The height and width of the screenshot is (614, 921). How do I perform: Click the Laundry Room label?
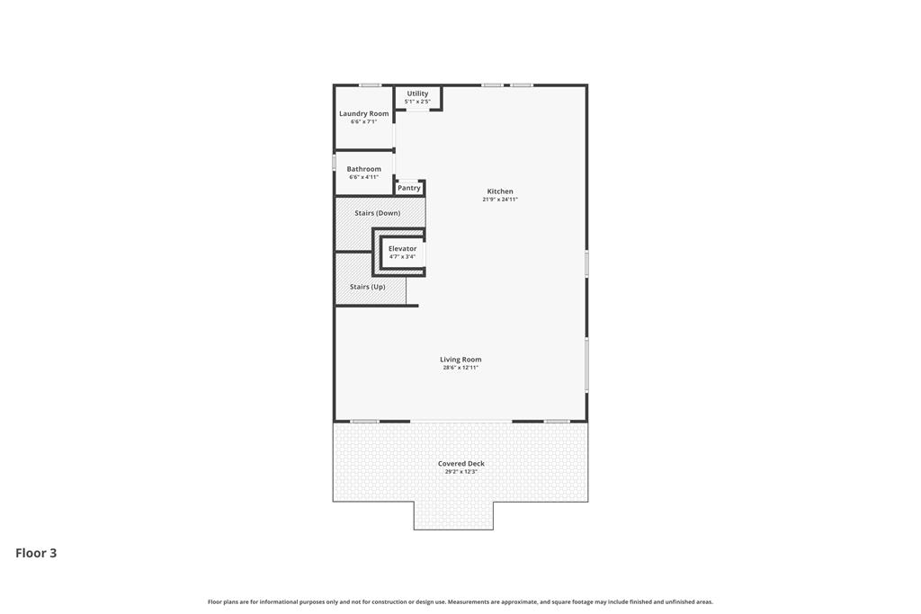pos(363,113)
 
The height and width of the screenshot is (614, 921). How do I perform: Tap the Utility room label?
pos(417,93)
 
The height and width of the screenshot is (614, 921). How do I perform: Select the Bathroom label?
pos(363,169)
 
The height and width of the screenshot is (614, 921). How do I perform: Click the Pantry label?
pos(409,188)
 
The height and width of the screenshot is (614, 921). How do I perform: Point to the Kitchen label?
pos(500,191)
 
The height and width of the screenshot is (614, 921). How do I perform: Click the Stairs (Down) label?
pos(377,213)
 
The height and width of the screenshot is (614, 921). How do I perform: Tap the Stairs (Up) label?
pos(368,287)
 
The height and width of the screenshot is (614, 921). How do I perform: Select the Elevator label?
pos(402,249)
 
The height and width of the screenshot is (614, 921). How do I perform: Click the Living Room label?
pos(460,360)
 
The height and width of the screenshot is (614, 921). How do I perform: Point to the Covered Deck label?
pos(461,464)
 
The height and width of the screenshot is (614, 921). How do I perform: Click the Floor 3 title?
pos(36,553)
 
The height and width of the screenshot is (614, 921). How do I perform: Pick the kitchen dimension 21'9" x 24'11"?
pos(500,200)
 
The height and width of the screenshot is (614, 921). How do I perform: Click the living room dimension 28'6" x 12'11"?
pos(460,368)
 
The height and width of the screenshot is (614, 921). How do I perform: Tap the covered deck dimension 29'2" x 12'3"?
pos(461,471)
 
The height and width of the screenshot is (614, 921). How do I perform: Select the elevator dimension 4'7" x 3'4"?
pos(402,256)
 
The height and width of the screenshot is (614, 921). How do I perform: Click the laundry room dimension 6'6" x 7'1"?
pos(363,121)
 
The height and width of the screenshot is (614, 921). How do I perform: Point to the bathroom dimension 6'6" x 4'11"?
pos(363,177)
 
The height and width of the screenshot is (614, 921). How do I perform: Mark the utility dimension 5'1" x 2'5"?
pos(417,102)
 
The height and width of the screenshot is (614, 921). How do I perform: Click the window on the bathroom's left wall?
pos(335,162)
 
